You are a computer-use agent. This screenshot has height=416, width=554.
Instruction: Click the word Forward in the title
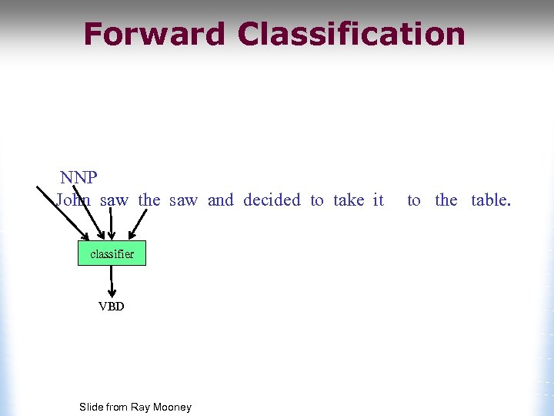[x=155, y=35]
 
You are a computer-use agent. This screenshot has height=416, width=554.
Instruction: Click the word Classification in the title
[x=352, y=35]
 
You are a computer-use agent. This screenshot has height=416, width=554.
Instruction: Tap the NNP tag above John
[x=78, y=178]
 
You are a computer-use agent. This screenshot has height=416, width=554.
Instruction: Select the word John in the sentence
[x=73, y=200]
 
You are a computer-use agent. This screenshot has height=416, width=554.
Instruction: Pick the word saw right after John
[x=115, y=200]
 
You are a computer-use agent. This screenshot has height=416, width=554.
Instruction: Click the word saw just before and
[x=183, y=200]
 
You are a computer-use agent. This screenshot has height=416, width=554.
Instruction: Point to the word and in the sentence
[x=220, y=200]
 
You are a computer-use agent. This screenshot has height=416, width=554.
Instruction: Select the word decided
[x=272, y=200]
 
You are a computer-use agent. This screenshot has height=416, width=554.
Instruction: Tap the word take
[x=349, y=200]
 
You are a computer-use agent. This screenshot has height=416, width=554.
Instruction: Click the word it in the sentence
[x=378, y=200]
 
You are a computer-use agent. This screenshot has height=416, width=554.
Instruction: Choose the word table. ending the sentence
[x=491, y=200]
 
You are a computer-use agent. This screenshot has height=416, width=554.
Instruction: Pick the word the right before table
[x=446, y=200]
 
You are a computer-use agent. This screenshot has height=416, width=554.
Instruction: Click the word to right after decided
[x=317, y=200]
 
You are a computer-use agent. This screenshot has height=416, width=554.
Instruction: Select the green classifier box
[x=112, y=253]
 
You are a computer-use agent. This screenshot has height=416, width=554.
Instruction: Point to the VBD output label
[x=112, y=306]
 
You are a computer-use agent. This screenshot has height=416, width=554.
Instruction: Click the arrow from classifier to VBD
[x=112, y=282]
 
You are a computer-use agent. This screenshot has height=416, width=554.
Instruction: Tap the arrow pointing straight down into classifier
[x=112, y=225]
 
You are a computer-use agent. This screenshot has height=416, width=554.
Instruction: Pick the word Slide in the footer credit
[x=92, y=407]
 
